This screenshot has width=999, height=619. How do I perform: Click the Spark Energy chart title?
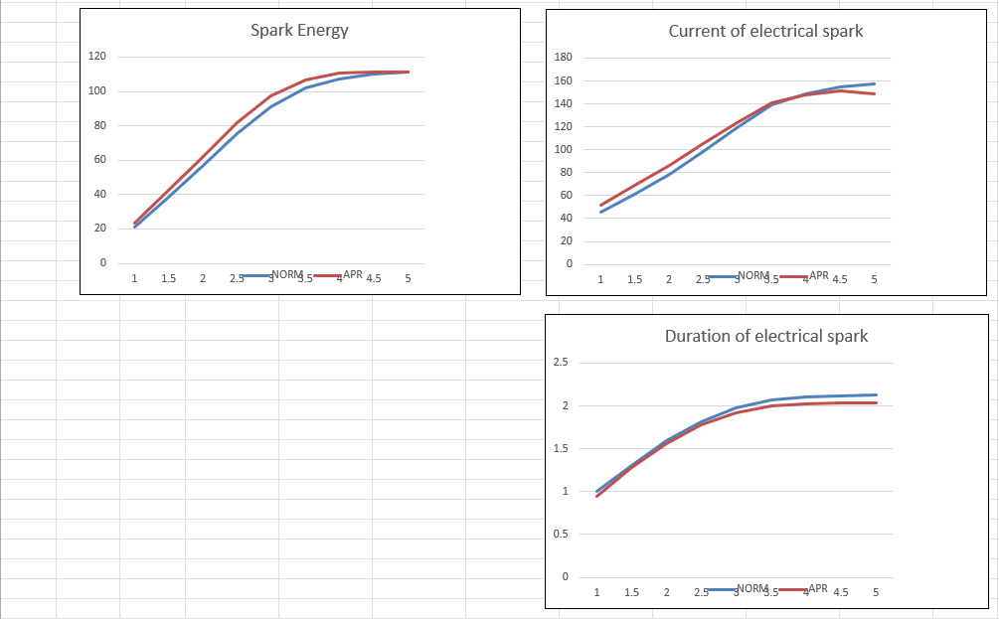(x=299, y=30)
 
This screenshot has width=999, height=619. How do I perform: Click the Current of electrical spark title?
(x=765, y=31)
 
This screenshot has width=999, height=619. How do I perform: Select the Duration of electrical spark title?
(x=765, y=336)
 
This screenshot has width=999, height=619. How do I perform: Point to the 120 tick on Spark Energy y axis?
(x=96, y=57)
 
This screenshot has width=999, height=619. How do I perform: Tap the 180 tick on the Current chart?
(x=563, y=58)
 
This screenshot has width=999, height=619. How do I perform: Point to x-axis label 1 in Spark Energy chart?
(x=134, y=279)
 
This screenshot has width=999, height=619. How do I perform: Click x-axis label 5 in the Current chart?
(x=874, y=279)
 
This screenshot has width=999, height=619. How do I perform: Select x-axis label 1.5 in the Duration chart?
(x=631, y=593)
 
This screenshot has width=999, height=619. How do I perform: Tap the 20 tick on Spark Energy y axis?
(x=98, y=229)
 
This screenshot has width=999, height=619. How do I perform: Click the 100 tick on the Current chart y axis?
(x=563, y=150)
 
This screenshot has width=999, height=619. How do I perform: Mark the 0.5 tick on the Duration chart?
(x=560, y=535)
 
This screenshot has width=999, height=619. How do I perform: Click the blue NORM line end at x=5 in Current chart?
(x=874, y=83)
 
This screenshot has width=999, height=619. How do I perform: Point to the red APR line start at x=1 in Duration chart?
(x=596, y=496)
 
